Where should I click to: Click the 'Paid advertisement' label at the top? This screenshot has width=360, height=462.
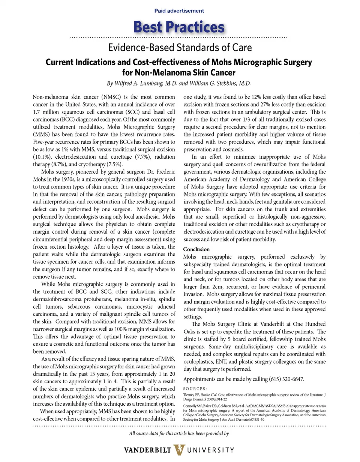pyautogui.click(x=179, y=11)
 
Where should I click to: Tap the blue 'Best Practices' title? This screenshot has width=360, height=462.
pyautogui.click(x=179, y=27)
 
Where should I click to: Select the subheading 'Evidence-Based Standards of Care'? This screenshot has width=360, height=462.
pyautogui.click(x=180, y=48)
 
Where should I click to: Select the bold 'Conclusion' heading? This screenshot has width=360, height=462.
pyautogui.click(x=196, y=249)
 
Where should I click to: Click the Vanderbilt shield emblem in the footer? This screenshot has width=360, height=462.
pyautogui.click(x=180, y=449)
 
